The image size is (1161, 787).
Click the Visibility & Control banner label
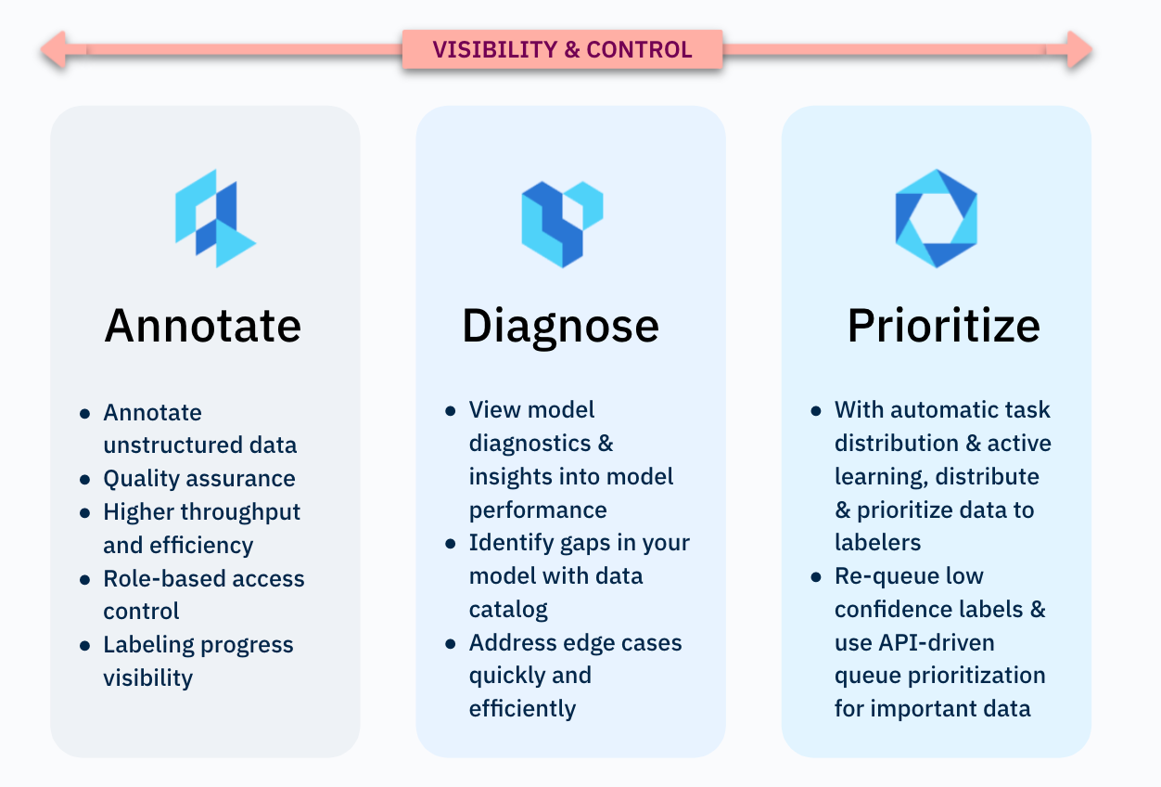[562, 50]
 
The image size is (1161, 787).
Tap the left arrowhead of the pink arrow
[54, 49]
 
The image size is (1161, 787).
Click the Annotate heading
[203, 326]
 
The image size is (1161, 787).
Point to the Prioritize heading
[943, 326]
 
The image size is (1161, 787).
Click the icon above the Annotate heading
[216, 218]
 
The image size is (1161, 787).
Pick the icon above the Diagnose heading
[562, 224]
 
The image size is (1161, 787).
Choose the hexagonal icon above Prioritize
[936, 218]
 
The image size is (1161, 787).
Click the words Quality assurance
[199, 479]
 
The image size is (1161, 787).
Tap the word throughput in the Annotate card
[240, 512]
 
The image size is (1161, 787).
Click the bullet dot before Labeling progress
[85, 646]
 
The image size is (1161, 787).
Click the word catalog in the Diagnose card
[508, 610]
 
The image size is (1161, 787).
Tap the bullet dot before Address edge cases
[451, 644]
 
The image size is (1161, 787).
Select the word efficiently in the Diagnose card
[522, 709]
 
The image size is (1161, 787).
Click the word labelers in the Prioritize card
[877, 543]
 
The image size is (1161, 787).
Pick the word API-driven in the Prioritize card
[936, 643]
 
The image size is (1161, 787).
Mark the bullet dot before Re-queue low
[816, 577]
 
